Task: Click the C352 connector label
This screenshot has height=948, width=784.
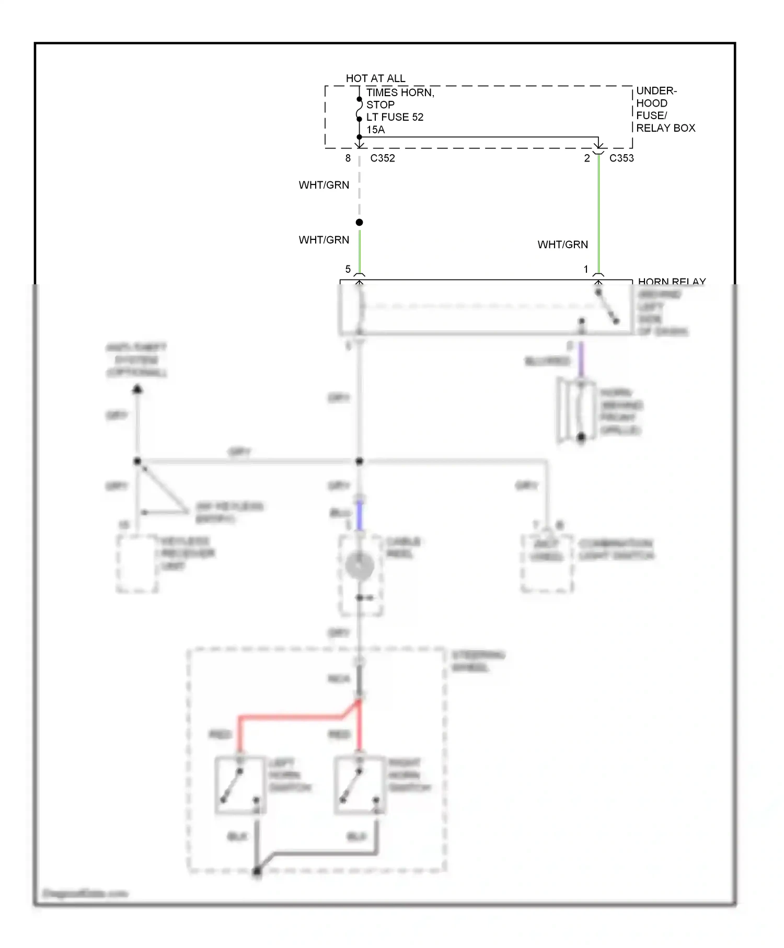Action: tap(383, 158)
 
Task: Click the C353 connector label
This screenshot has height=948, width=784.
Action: tap(621, 158)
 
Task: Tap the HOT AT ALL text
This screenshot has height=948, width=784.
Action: tap(375, 78)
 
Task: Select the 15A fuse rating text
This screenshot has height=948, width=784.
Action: tap(375, 130)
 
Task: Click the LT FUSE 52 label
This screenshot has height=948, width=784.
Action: tap(395, 117)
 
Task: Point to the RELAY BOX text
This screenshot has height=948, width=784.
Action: tap(665, 128)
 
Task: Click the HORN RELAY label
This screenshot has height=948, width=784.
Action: tap(672, 282)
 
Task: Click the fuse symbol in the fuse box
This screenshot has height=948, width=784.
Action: tap(359, 109)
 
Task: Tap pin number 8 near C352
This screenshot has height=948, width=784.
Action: tap(348, 158)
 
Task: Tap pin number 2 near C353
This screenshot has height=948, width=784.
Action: tap(587, 158)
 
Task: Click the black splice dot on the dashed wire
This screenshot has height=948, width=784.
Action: tap(359, 223)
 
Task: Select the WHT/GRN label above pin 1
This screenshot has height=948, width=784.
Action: tap(562, 245)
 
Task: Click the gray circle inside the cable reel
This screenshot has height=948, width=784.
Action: tap(360, 566)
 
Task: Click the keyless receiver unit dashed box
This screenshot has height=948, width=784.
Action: tap(137, 564)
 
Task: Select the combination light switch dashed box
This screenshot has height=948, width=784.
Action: tap(547, 564)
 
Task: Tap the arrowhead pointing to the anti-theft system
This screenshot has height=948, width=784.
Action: tap(137, 389)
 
